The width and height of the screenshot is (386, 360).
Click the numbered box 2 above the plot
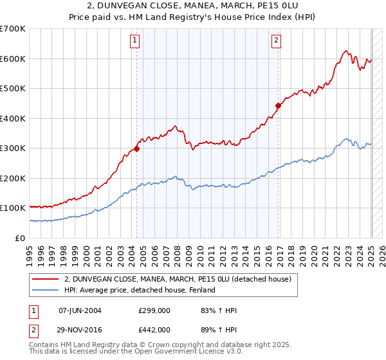click(x=276, y=40)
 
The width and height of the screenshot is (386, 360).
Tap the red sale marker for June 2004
click(x=136, y=148)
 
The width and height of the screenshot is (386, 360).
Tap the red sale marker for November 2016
click(x=278, y=105)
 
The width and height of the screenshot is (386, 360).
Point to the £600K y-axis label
click(x=12, y=59)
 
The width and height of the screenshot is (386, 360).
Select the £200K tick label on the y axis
click(x=12, y=178)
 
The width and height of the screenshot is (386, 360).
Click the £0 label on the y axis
click(x=20, y=238)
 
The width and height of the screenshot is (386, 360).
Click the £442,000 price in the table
click(x=154, y=329)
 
